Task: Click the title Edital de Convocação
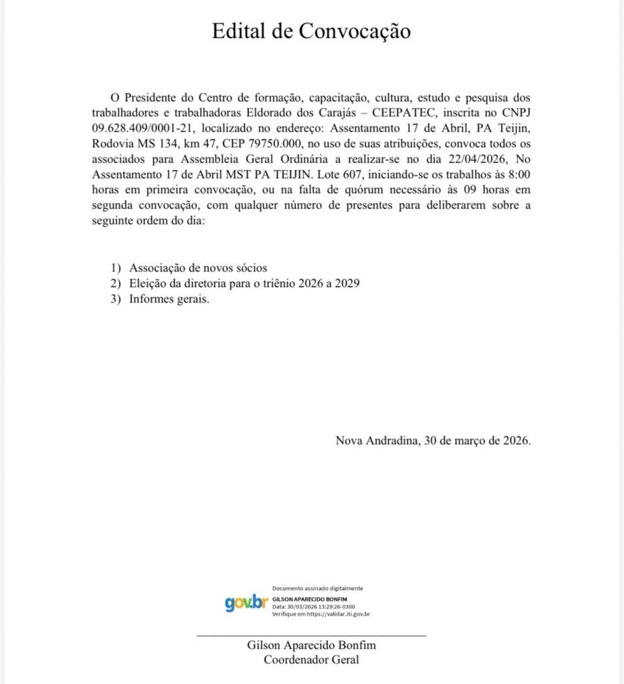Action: tap(311, 31)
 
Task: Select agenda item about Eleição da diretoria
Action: tap(245, 284)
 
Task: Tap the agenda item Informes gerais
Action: tap(169, 300)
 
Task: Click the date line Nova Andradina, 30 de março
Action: tap(433, 441)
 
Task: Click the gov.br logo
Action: tap(246, 602)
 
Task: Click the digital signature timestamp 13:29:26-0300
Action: tap(331, 607)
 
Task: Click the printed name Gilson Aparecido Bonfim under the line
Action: tap(311, 646)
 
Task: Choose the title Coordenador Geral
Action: tap(311, 660)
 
